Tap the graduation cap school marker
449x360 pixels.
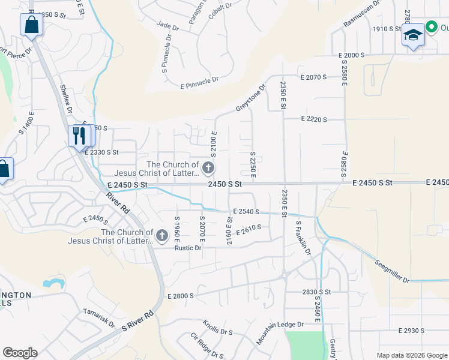point(413,35)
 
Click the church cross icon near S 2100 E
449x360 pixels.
point(208,167)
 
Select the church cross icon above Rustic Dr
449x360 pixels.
point(161,237)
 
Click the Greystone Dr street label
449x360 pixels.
point(250,98)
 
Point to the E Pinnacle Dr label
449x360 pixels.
point(199,82)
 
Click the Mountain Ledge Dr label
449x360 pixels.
point(280,332)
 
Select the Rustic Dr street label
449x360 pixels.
point(188,248)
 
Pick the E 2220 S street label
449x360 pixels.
point(314,119)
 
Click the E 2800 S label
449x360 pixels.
point(181,296)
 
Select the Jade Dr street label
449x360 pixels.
point(167,26)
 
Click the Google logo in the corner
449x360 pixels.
point(19,353)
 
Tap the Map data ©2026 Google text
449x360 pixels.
point(411,355)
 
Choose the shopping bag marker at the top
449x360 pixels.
point(31,26)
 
